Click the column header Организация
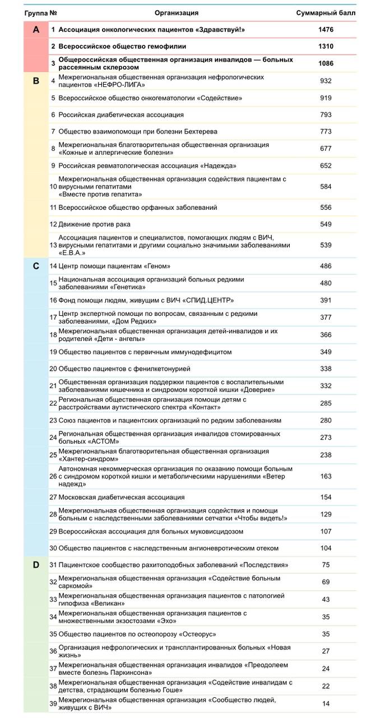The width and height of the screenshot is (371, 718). pyautogui.click(x=176, y=12)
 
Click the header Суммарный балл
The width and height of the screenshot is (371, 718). pyautogui.click(x=326, y=12)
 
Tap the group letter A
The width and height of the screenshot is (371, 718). pyautogui.click(x=36, y=29)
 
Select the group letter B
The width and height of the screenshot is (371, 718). pyautogui.click(x=36, y=81)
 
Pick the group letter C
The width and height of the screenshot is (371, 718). pyautogui.click(x=36, y=266)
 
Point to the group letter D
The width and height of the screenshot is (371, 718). pyautogui.click(x=36, y=565)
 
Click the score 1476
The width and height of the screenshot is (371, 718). pyautogui.click(x=326, y=29)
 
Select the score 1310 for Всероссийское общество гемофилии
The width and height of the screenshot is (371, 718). pyautogui.click(x=326, y=46)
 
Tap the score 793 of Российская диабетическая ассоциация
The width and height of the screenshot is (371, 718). pyautogui.click(x=326, y=115)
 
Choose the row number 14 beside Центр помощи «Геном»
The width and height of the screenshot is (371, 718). pyautogui.click(x=53, y=266)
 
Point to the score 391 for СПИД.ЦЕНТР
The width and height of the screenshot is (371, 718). pyautogui.click(x=326, y=300)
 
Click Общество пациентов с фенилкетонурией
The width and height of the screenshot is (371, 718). pyautogui.click(x=124, y=369)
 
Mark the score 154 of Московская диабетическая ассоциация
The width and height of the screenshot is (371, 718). pyautogui.click(x=326, y=498)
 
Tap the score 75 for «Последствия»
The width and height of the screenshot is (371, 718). pyautogui.click(x=326, y=565)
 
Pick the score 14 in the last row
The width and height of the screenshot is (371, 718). pyautogui.click(x=326, y=703)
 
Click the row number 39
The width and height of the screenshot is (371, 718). pyautogui.click(x=53, y=703)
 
